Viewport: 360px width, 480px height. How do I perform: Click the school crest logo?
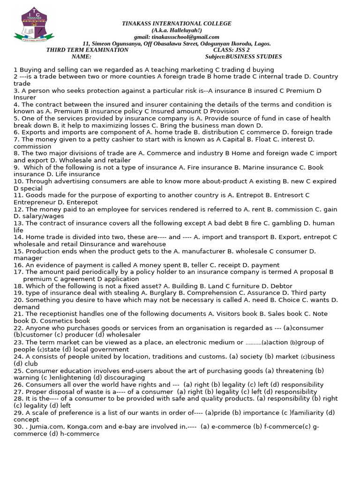coord(34,26)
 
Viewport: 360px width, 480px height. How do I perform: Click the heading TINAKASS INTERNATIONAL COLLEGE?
coord(176,23)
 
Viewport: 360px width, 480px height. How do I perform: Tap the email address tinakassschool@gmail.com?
coord(186,37)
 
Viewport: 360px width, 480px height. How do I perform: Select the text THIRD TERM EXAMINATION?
coord(87,50)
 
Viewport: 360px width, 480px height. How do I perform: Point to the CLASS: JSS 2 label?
coord(231,50)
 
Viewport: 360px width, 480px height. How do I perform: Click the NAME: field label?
coord(82,57)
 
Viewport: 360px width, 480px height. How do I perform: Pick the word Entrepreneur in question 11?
coord(35,202)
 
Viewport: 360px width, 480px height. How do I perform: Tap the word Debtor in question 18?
coord(281,286)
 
